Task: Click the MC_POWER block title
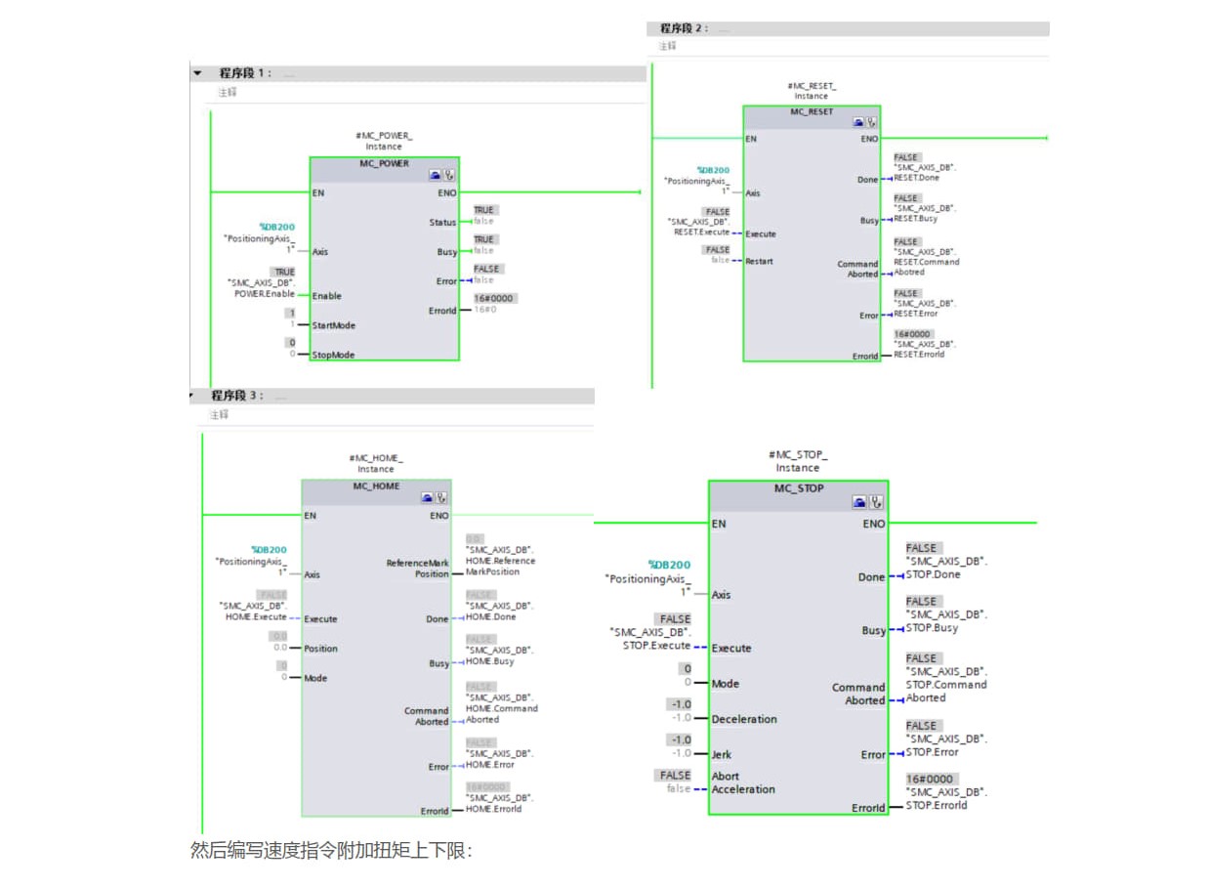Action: point(384,163)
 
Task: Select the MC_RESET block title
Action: point(812,111)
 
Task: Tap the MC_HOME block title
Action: point(376,486)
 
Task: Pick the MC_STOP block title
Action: point(799,487)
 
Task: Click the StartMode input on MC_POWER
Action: point(333,325)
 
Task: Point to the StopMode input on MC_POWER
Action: point(333,355)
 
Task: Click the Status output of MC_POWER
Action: point(442,223)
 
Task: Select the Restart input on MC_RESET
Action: point(759,261)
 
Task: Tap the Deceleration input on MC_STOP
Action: point(744,719)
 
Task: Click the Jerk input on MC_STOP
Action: point(723,754)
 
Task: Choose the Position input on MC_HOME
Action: point(320,648)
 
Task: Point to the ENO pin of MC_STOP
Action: point(873,524)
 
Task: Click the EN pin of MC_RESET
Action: point(751,139)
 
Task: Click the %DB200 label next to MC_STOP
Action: point(669,565)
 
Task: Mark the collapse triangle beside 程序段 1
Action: point(197,73)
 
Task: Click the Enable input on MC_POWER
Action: point(326,296)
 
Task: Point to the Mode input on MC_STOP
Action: point(725,684)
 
